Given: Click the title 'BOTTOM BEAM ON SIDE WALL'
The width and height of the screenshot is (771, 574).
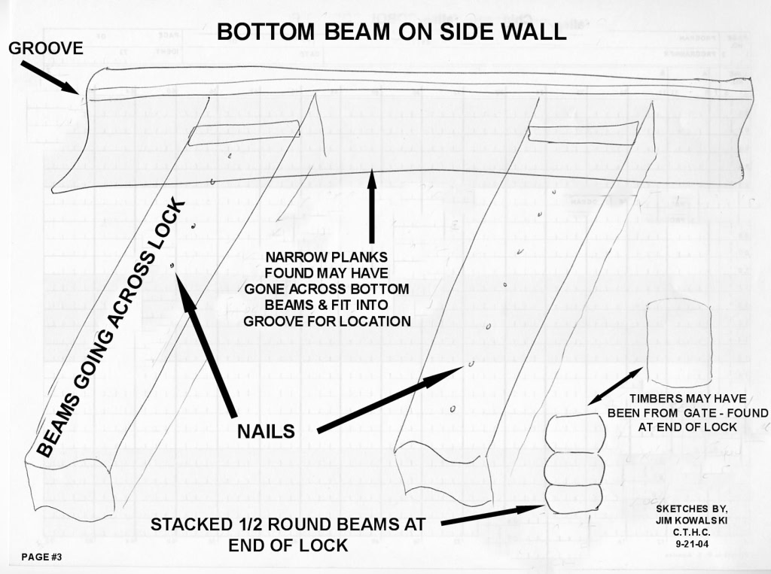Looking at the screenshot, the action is point(392,32).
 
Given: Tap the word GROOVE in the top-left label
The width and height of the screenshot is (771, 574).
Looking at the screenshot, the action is point(46,48).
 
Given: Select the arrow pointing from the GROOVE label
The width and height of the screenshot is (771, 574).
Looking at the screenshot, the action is point(49,77).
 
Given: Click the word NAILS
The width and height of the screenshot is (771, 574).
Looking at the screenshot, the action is point(266,431).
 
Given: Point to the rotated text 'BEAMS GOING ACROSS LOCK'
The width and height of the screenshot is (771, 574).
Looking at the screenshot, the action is point(111,328).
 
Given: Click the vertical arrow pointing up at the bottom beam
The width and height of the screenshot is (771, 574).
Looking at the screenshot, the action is point(372,206).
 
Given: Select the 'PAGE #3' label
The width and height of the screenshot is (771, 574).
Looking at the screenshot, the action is point(41,557).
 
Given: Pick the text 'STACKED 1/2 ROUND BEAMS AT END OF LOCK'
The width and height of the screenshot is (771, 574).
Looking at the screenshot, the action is point(288,535).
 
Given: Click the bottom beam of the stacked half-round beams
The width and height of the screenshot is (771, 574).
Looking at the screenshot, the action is point(573,500).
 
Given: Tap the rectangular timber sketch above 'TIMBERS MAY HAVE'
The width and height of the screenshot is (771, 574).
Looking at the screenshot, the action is point(679,344).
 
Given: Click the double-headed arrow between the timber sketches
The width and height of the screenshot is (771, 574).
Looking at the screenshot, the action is point(614,386).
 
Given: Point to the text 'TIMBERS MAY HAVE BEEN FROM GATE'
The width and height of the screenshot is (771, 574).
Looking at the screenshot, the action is point(687,405).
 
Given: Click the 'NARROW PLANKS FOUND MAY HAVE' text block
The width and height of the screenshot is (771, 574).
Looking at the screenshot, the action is point(327,289).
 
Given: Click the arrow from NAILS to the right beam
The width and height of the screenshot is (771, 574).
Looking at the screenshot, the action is point(391,399).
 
